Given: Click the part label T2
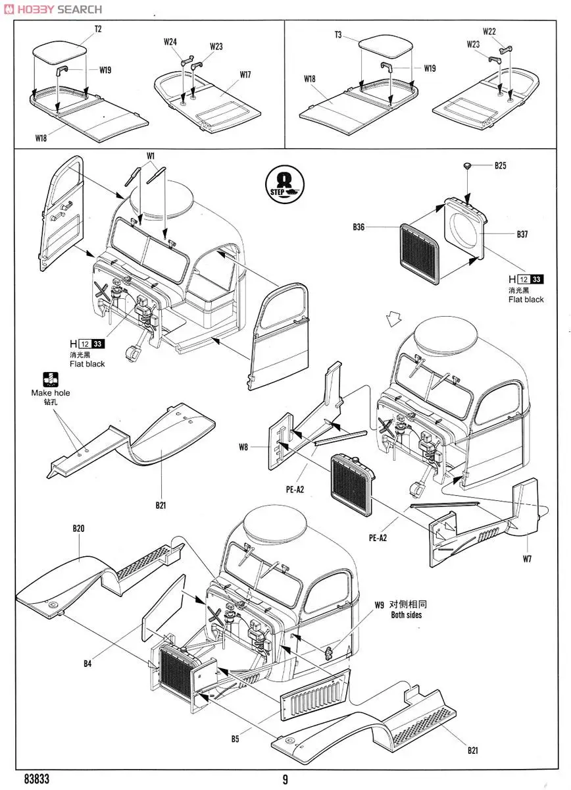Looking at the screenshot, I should click(99, 29).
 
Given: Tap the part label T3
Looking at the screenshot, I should click(337, 35).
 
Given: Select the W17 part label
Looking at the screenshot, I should click(245, 75).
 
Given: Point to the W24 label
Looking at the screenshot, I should click(170, 42).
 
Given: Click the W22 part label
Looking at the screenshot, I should click(489, 31).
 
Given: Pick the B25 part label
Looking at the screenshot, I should click(501, 166).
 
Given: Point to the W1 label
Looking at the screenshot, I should click(151, 156).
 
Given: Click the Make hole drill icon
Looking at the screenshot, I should click(50, 380).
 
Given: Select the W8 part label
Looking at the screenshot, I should click(243, 448).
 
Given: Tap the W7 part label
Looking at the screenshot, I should click(528, 560).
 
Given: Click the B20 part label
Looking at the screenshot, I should click(79, 529).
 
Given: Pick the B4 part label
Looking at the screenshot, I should click(87, 664).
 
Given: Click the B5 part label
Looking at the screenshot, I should click(235, 739).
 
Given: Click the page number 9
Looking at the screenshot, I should click(285, 780).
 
